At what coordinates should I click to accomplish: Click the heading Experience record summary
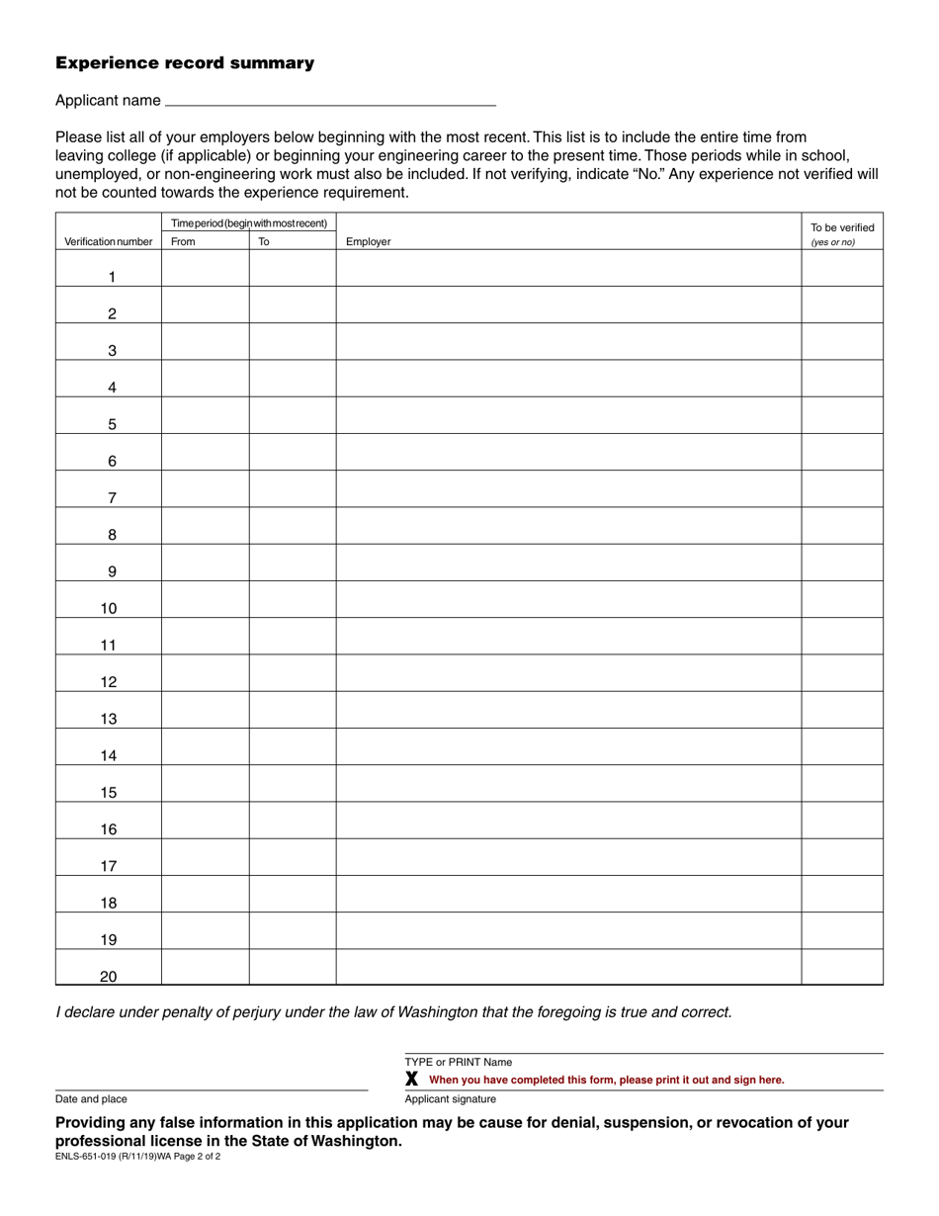coord(185,63)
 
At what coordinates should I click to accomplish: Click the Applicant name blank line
coord(330,100)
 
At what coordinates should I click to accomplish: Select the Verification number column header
coord(109,242)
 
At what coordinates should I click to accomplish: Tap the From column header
coord(184,241)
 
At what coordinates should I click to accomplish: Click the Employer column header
coord(368,242)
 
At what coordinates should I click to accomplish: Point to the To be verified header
coord(842,228)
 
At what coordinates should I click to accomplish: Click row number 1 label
coord(112,277)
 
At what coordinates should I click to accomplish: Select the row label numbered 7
coord(112,498)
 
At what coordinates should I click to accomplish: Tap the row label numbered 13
coord(109,719)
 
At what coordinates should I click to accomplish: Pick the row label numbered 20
coord(109,977)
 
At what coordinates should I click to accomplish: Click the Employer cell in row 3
coord(568,342)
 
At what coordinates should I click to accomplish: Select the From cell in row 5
coord(205,415)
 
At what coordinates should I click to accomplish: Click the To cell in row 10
coord(293,599)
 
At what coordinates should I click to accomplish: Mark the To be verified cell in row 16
coord(842,821)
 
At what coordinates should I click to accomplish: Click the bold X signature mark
coord(412,1080)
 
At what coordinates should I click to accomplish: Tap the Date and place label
coord(91,1099)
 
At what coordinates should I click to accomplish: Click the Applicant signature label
coord(451,1099)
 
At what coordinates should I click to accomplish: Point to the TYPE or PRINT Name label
coord(459,1063)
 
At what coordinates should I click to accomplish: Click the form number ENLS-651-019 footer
coord(137,1156)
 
